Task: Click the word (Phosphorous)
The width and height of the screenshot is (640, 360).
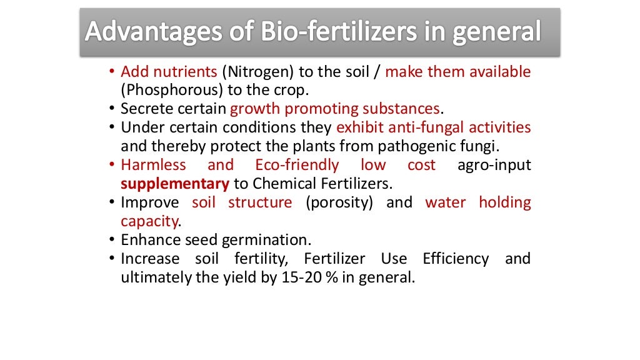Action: (164, 91)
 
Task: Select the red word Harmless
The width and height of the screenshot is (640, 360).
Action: (153, 166)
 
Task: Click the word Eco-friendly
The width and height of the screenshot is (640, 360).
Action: (297, 166)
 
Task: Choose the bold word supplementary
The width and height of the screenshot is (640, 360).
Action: (174, 184)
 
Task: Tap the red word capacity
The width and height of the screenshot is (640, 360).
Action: (149, 221)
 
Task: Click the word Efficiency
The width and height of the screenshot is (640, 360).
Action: (456, 259)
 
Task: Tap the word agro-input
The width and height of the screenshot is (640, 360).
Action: (494, 166)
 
